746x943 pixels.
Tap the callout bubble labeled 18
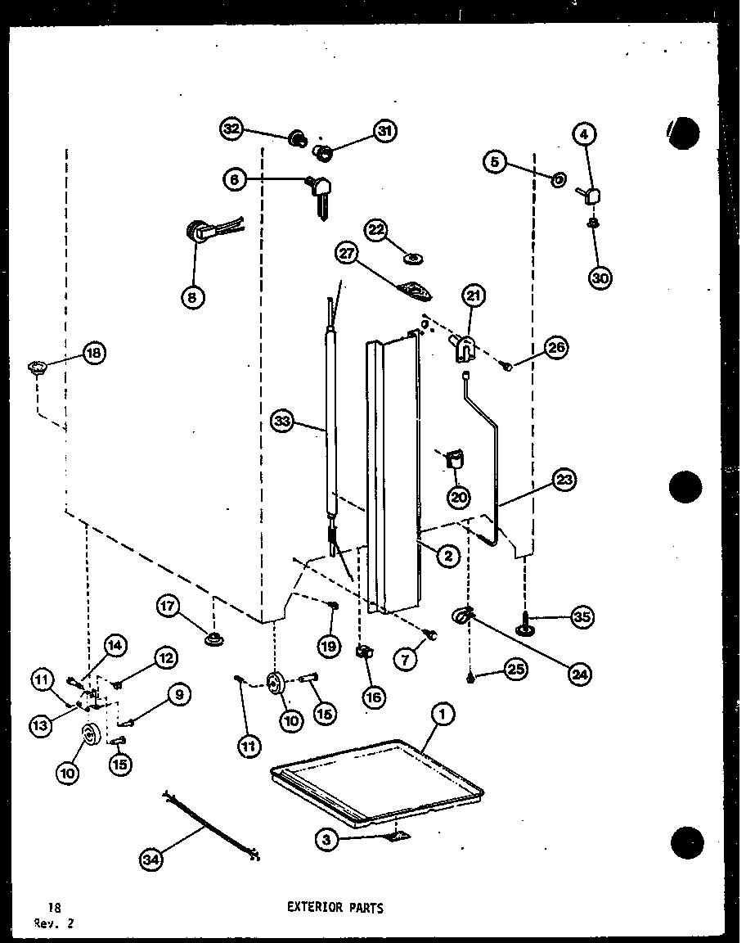point(94,353)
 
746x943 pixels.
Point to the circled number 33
point(283,422)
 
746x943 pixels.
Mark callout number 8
point(191,298)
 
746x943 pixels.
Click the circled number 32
point(232,129)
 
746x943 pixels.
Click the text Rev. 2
point(52,922)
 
